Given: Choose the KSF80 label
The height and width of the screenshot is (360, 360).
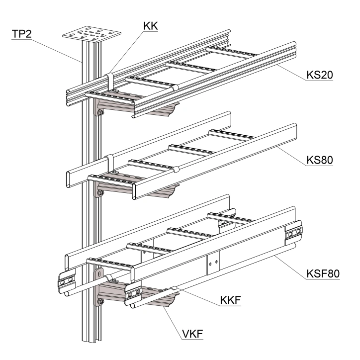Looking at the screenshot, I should click(321, 273).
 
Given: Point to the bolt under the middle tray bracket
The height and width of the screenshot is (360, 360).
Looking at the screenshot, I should click(100, 193).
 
